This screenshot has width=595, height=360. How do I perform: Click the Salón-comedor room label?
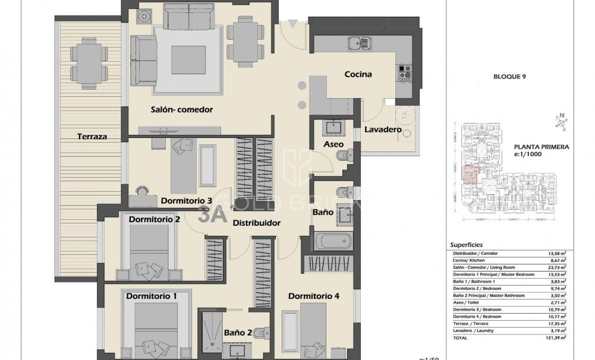[x=182, y=109]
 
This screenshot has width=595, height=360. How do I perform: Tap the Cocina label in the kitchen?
[x=358, y=75]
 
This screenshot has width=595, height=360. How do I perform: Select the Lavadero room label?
[x=383, y=130]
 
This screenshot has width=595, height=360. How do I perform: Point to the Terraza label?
[x=92, y=136]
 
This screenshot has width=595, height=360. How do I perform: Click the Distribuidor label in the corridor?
[x=256, y=223]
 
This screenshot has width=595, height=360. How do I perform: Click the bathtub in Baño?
[x=333, y=242]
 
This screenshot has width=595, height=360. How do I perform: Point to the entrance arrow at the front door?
[x=292, y=24]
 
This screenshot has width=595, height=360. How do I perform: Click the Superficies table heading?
[x=466, y=244]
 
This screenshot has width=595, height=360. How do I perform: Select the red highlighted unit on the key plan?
[x=470, y=173]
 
